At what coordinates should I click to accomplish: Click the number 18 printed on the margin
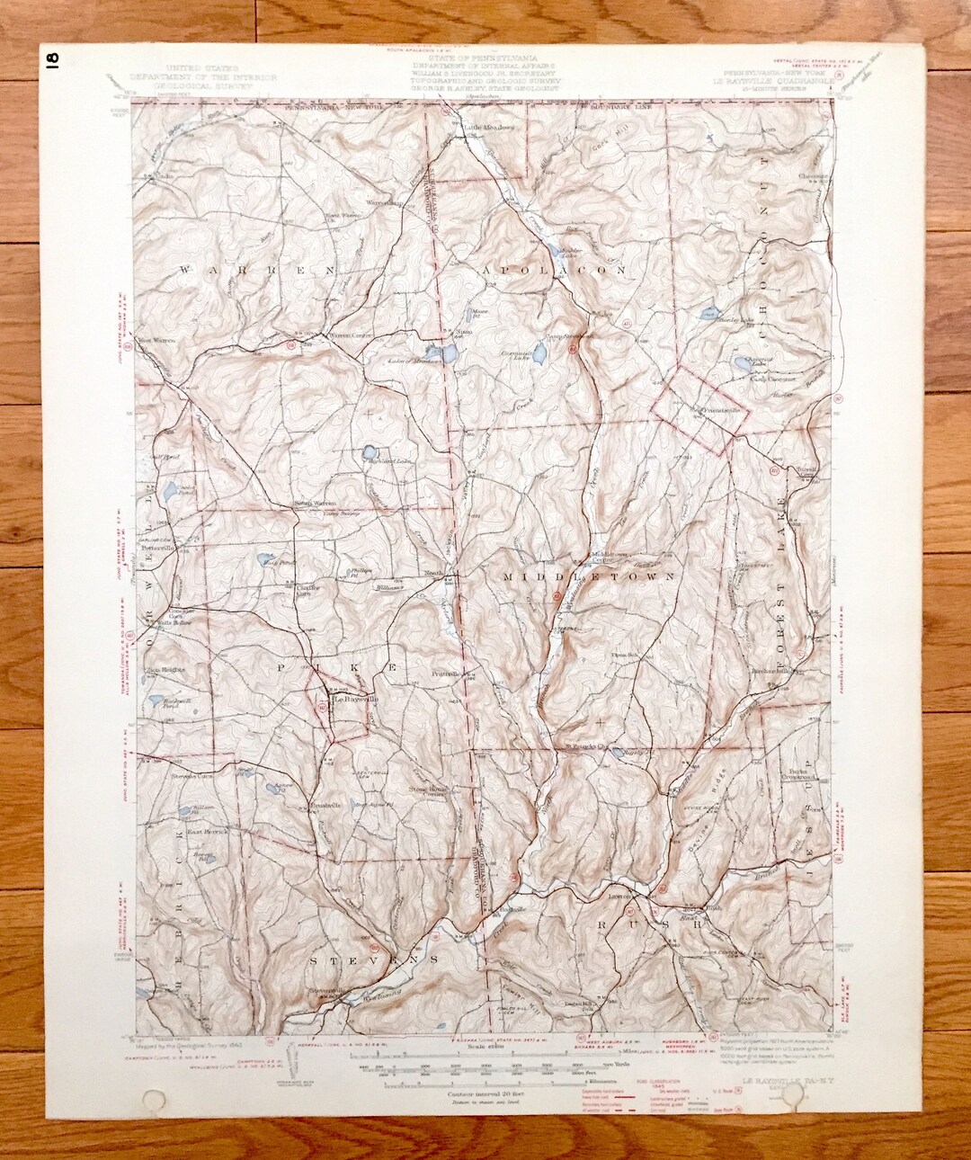click(51, 59)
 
